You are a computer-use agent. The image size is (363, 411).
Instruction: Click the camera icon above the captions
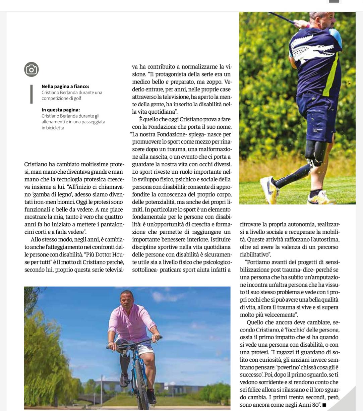tap(32, 69)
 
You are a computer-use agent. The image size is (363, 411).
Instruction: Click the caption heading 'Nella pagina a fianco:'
tap(65, 86)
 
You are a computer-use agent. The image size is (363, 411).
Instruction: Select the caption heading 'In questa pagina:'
tap(61, 110)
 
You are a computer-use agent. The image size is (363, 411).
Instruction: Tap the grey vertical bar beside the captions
tap(32, 94)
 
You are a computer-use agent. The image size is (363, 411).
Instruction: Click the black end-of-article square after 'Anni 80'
tap(324, 405)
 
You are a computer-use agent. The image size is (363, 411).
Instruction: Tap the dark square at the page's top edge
tap(334, 1)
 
